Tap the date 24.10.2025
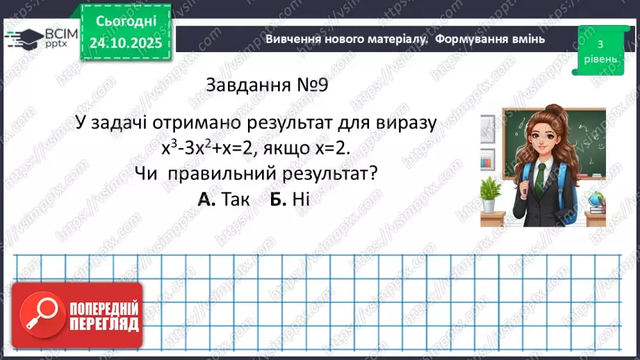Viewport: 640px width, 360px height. click(125, 43)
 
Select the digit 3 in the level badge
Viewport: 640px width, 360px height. click(599, 44)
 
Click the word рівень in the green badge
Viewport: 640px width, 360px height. click(599, 59)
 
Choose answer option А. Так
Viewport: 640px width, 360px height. click(218, 199)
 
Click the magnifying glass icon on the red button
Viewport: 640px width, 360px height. click(41, 316)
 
